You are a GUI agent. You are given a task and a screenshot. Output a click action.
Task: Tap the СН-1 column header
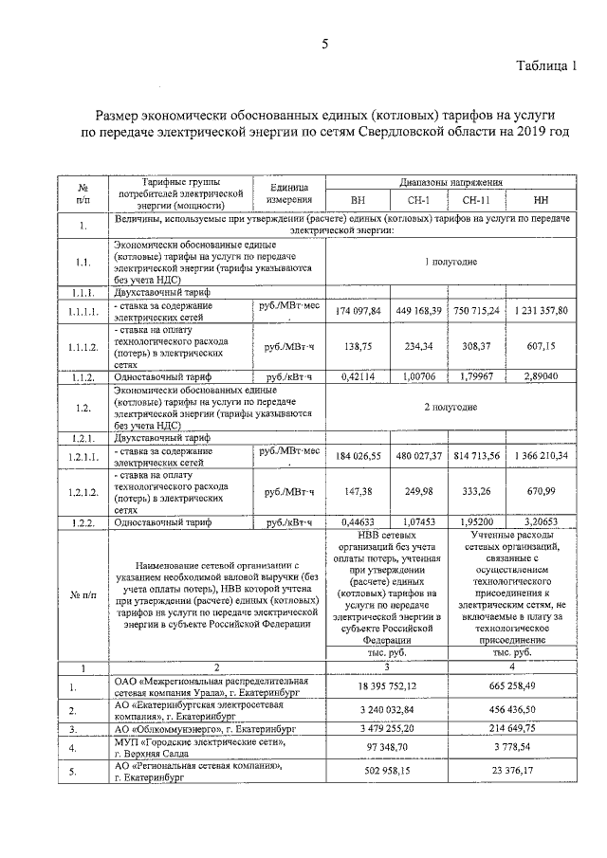pyautogui.click(x=418, y=201)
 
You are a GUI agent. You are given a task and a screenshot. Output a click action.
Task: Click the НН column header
pyautogui.click(x=542, y=201)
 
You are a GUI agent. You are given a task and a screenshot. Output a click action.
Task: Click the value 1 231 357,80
pyautogui.click(x=542, y=310)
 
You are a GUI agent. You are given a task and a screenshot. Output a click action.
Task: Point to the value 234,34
pyautogui.click(x=418, y=347)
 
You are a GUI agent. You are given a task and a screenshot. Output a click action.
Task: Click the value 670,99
pyautogui.click(x=542, y=493)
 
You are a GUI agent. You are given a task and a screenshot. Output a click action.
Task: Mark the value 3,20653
pyautogui.click(x=542, y=521)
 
